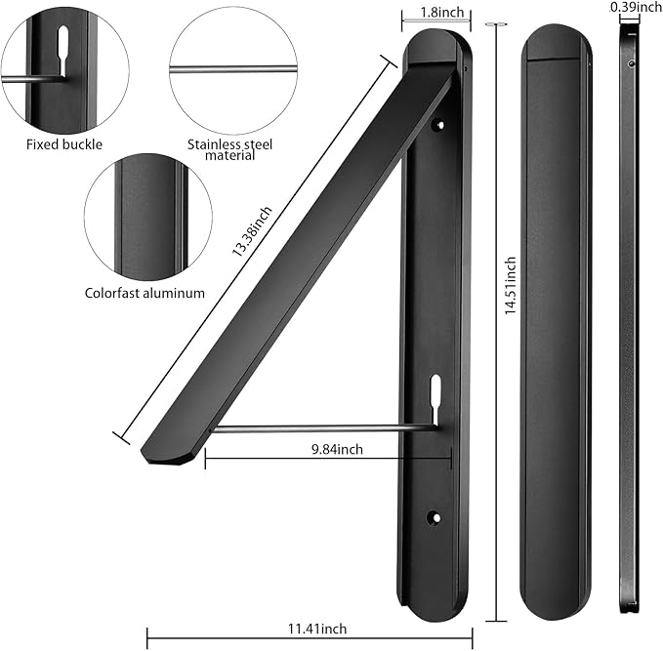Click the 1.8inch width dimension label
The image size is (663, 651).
442,12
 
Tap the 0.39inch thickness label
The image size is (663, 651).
637,6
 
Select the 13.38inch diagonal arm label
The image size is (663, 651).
252,231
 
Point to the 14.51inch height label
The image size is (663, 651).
511,285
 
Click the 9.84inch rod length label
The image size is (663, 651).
337,449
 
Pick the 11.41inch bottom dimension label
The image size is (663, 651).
317,629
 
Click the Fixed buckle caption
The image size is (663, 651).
64,144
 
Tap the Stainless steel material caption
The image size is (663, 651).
230,149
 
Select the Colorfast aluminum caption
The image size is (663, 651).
145,293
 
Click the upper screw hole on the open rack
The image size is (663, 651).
439,125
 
